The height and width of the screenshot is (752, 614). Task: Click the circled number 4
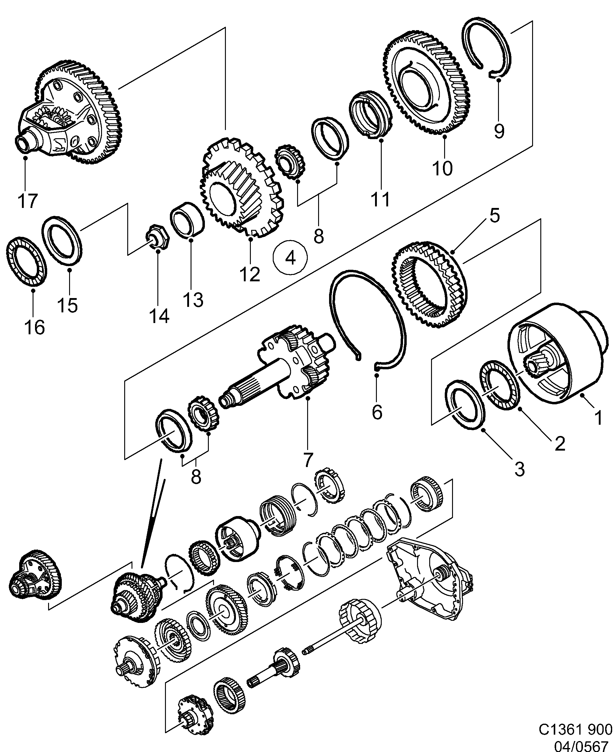(x=290, y=258)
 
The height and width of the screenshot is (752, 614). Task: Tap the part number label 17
(x=27, y=201)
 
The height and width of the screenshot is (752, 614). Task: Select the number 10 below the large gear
(x=442, y=168)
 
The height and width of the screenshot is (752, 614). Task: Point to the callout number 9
(x=499, y=131)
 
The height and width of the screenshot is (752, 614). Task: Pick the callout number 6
(x=377, y=412)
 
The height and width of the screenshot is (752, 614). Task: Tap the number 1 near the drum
(x=598, y=418)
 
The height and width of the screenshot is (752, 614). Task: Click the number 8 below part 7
(x=196, y=476)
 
